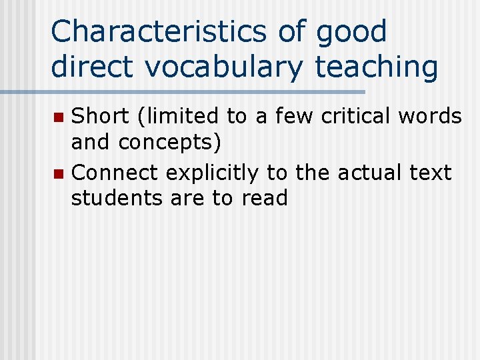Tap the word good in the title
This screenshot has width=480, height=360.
click(351, 32)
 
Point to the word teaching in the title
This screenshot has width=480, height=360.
click(376, 67)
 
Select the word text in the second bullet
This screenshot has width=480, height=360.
click(431, 173)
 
